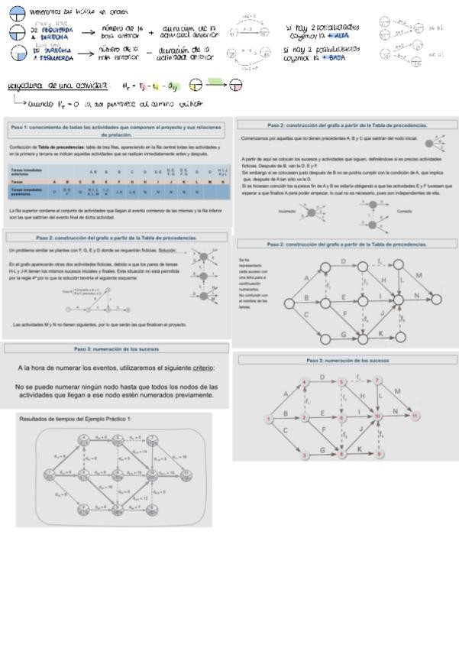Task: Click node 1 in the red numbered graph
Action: click(268, 418)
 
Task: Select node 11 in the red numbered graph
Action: click(415, 416)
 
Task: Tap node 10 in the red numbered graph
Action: click(377, 416)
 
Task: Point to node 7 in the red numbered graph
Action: click(377, 380)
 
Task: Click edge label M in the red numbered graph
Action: click(397, 391)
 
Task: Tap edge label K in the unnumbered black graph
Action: click(380, 331)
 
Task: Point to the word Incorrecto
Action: click(287, 210)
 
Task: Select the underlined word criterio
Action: click(202, 368)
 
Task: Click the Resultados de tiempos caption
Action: click(76, 419)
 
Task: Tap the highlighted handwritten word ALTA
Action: click(341, 35)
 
